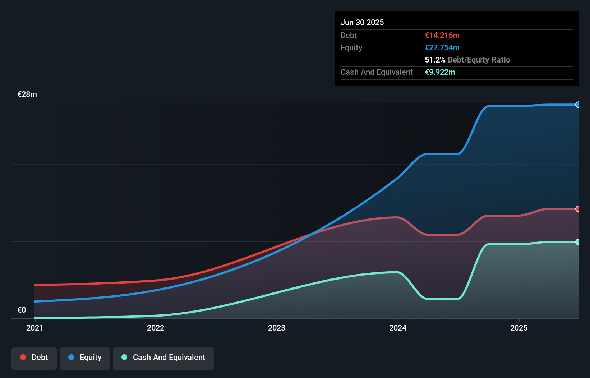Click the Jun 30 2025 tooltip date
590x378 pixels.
362,22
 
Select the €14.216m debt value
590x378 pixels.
442,35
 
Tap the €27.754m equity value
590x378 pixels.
442,47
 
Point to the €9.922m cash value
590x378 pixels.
440,72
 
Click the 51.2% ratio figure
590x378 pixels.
435,60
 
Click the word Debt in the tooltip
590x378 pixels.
349,35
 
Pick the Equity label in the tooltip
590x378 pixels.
351,47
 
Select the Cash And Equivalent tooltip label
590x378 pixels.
377,72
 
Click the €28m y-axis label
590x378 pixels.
27,94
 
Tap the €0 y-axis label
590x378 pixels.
22,310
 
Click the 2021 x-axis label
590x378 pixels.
35,328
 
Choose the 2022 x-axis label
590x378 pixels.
156,328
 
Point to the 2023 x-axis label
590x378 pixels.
277,328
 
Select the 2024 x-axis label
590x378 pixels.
398,328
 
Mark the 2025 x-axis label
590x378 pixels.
519,328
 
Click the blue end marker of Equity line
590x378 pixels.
577,105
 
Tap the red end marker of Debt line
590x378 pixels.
577,209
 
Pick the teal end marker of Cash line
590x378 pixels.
577,242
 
